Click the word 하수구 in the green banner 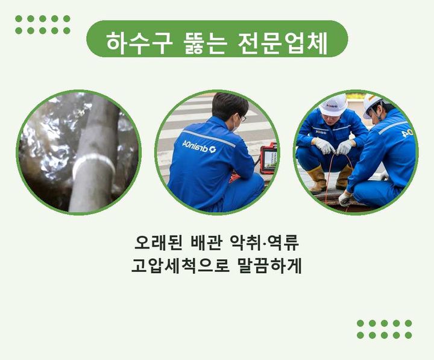139,43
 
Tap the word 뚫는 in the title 204,43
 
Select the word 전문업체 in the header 282,43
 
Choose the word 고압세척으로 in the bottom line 180,265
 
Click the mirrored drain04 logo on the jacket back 199,147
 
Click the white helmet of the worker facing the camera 333,105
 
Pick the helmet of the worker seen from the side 372,105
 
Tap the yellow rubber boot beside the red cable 317,180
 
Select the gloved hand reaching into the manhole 345,199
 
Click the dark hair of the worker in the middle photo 229,105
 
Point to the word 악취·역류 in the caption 265,243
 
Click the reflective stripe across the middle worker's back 209,139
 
